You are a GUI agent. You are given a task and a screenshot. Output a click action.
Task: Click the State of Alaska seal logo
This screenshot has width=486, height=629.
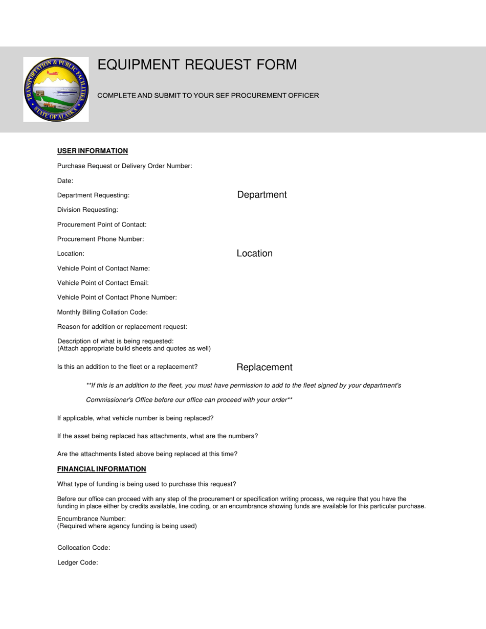click(x=56, y=89)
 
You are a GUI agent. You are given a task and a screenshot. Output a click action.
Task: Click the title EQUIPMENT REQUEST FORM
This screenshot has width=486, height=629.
click(x=197, y=65)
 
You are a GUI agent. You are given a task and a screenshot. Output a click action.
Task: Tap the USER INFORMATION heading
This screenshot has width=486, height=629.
click(x=93, y=151)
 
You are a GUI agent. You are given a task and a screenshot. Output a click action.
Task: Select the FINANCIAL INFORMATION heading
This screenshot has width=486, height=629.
click(x=102, y=469)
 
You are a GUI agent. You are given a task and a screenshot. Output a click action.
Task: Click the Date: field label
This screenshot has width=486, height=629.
click(x=65, y=181)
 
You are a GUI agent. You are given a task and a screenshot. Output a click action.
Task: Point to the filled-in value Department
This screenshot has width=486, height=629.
click(x=261, y=195)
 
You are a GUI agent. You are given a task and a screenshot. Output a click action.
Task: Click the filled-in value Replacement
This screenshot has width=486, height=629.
click(x=264, y=367)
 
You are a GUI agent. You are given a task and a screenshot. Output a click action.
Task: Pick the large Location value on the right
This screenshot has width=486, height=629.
click(x=254, y=254)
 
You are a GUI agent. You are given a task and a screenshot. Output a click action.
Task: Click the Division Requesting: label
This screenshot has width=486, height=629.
click(x=87, y=210)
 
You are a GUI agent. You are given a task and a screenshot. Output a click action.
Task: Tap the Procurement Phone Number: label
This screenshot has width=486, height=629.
click(x=101, y=239)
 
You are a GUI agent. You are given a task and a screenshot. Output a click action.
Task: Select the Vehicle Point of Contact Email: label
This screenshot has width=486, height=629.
click(x=103, y=283)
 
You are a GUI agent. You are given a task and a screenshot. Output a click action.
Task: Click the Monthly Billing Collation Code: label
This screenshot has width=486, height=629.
click(x=102, y=312)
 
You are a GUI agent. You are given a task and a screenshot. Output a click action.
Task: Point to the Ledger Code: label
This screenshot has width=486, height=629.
click(x=77, y=563)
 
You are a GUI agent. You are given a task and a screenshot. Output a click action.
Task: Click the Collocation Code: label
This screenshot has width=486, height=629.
click(x=84, y=548)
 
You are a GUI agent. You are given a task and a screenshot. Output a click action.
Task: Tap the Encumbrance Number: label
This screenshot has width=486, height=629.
click(x=92, y=519)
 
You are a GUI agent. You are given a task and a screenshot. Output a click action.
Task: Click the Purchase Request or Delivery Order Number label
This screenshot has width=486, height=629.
click(x=124, y=166)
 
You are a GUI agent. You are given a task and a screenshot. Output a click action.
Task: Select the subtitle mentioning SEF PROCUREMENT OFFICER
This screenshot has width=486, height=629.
click(x=208, y=96)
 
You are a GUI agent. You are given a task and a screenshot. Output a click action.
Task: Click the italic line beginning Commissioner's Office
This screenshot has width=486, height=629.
click(x=189, y=400)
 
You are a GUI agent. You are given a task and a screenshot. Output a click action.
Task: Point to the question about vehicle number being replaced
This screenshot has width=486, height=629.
click(x=135, y=418)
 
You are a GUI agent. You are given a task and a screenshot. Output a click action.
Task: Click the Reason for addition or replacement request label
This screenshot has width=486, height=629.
click(x=122, y=327)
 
